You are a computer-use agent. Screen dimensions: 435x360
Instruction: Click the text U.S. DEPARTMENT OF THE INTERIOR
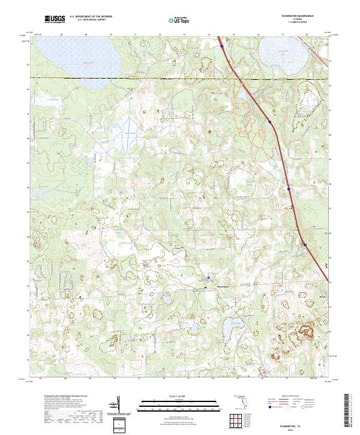[91, 17]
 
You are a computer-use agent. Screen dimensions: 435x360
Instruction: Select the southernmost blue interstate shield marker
[305, 244]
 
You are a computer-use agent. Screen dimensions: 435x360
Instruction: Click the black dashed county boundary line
[150, 78]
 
